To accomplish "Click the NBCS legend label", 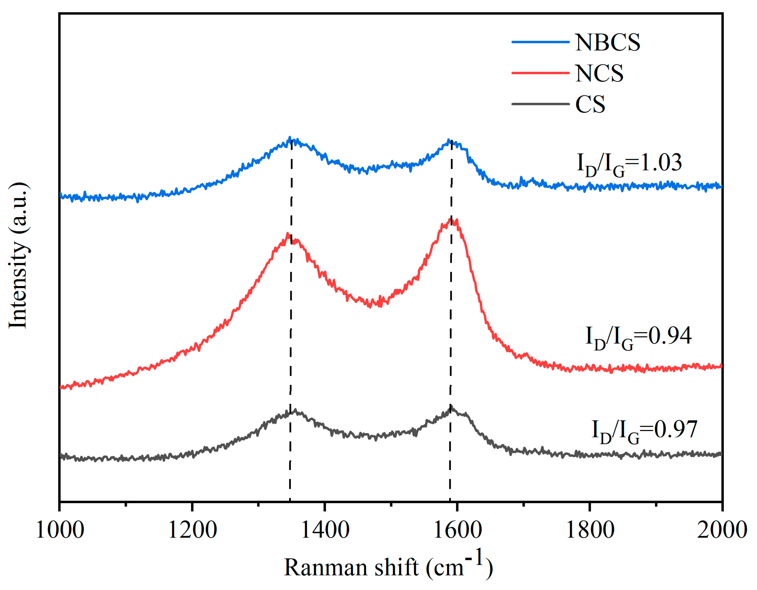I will point(607,43).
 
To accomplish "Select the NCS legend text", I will point(599,74).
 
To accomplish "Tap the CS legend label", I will point(590,104).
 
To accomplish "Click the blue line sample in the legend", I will point(540,42).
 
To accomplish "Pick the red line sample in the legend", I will point(540,73).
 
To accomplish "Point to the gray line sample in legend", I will point(540,104).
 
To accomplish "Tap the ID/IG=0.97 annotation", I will point(644,431).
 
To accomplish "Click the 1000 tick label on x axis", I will point(60,530).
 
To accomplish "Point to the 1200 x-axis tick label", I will point(192,530).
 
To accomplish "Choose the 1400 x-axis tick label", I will point(325,530).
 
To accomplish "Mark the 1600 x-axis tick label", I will point(458,530).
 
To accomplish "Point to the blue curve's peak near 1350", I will point(290,138).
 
